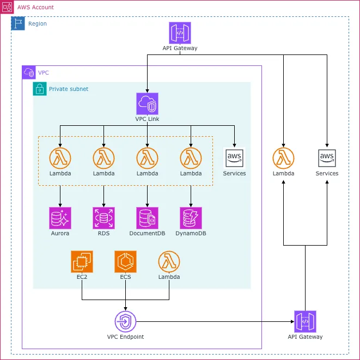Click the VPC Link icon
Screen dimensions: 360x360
coord(147,103)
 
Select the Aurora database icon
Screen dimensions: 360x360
coord(60,218)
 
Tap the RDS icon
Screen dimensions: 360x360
coord(103,218)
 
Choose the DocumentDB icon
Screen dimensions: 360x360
coord(147,218)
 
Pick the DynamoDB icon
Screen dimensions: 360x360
coord(191,218)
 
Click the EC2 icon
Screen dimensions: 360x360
coord(82,261)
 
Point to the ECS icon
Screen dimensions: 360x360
coord(126,261)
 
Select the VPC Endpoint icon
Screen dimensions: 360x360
coord(125,321)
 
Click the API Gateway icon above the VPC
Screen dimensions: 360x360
coord(180,33)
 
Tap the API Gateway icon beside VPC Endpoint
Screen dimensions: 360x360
coord(305,321)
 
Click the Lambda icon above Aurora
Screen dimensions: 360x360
coord(60,158)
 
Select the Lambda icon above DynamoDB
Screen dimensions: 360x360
coord(191,158)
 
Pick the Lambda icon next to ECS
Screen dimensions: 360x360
coord(169,261)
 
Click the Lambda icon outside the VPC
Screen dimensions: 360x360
coord(283,158)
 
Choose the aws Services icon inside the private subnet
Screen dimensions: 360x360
coord(234,158)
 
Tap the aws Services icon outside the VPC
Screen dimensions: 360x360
coord(327,158)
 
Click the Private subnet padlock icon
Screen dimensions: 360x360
coord(40,89)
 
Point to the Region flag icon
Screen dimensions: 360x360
coord(18,23)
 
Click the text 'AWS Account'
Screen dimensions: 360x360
coord(35,7)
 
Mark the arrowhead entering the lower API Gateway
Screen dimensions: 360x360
coord(292,321)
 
